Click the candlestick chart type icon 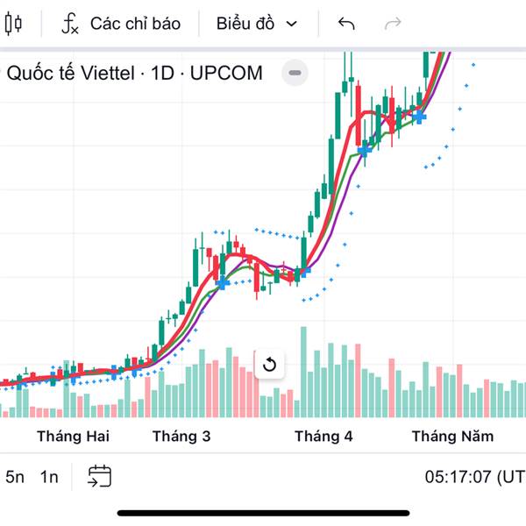tap(13, 24)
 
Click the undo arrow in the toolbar tap(346, 24)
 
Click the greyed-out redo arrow tap(394, 24)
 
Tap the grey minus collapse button tap(295, 73)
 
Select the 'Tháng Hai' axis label tap(73, 437)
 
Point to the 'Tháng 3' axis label tap(181, 437)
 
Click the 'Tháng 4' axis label tap(323, 437)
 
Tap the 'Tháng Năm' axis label tap(452, 437)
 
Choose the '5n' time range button tap(15, 477)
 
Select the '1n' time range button tap(49, 477)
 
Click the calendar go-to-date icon tap(99, 476)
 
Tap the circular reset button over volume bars tap(269, 365)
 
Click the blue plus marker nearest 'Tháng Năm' tap(420, 117)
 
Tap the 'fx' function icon tap(70, 24)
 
